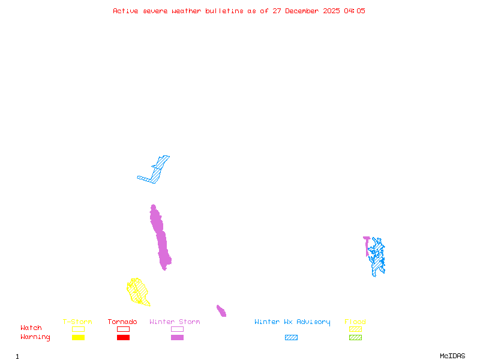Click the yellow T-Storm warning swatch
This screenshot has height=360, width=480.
tap(78, 337)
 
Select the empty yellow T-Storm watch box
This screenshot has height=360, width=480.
tap(78, 329)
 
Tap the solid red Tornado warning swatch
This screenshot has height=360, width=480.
tap(123, 337)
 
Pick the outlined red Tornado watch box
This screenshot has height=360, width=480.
tap(123, 329)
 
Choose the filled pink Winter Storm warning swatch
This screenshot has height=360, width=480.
tap(177, 337)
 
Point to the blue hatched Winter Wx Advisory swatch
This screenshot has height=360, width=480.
tap(291, 337)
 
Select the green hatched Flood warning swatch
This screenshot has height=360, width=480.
tap(355, 337)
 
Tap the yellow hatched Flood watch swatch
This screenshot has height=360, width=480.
tap(355, 329)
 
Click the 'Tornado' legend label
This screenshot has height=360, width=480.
tap(122, 322)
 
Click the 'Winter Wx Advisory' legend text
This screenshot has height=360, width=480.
tap(292, 322)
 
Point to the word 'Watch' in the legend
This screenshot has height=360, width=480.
tap(31, 328)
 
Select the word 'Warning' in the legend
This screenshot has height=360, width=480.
tap(35, 337)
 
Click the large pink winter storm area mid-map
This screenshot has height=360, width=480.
tap(161, 240)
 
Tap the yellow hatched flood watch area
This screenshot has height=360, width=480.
tap(138, 292)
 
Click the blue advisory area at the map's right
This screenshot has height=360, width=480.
tap(377, 256)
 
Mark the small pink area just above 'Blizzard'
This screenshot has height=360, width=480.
tap(221, 311)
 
